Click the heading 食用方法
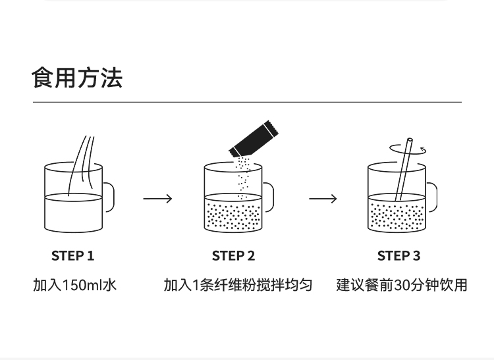tap(77, 78)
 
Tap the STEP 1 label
tap(72, 255)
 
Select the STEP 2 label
tap(233, 255)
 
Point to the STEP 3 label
tap(398, 255)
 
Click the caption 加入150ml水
tap(74, 285)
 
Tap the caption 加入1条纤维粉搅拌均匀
tap(238, 285)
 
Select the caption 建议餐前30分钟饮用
tap(401, 285)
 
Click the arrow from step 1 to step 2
tap(157, 199)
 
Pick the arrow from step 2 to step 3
tap(323, 199)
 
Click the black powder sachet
tap(254, 139)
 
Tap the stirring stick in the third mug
tap(404, 169)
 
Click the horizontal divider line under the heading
tap(247, 102)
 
